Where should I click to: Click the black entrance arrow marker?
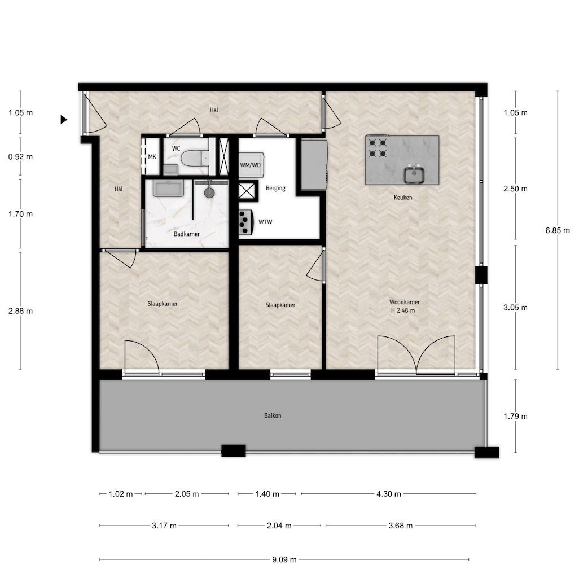(64, 120)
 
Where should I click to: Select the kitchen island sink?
(414, 175)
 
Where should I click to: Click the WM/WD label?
(251, 165)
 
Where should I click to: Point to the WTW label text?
(265, 222)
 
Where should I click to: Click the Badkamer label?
(186, 234)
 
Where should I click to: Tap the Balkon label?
(273, 415)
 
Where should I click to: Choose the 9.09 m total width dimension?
(284, 559)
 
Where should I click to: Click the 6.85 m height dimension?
(558, 230)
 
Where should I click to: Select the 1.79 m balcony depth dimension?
(515, 417)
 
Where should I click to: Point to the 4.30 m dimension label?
(389, 494)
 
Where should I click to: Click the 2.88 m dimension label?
(21, 311)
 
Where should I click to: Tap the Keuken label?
(403, 198)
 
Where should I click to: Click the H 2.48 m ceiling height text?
(403, 310)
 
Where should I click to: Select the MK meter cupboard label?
(152, 157)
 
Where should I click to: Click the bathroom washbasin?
(168, 189)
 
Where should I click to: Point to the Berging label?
(275, 188)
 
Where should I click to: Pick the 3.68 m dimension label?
(401, 526)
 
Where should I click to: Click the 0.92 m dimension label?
(21, 157)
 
